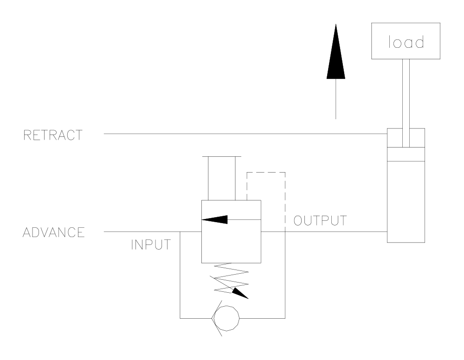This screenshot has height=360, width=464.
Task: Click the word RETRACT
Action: pyautogui.click(x=54, y=135)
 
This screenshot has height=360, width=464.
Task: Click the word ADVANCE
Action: pyautogui.click(x=54, y=231)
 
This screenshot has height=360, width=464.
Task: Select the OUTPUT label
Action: pyautogui.click(x=320, y=220)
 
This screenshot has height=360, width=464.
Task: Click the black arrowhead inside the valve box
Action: pyautogui.click(x=216, y=219)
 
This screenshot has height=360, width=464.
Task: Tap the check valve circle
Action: pyautogui.click(x=226, y=318)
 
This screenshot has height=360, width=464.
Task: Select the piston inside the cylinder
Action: pyautogui.click(x=406, y=154)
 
